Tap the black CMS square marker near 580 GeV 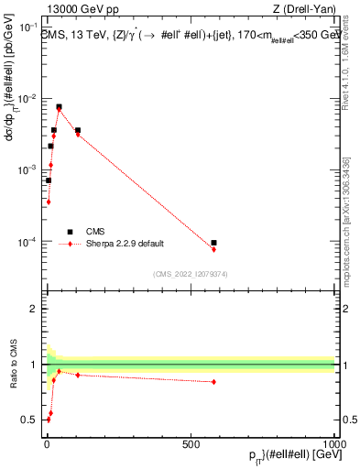coord(213,243)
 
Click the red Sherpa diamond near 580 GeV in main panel coord(213,249)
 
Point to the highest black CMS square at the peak coord(59,106)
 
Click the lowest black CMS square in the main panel coord(48,180)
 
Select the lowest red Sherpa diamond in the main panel coord(48,202)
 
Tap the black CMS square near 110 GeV coord(78,130)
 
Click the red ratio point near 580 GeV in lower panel coord(213,382)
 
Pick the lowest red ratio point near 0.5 coord(48,420)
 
